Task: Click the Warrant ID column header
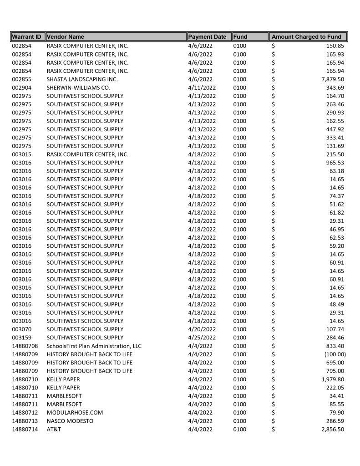pos(27,36)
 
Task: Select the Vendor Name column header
pos(66,36)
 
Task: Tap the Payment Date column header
pos(207,36)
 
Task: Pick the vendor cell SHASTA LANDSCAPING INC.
pos(82,79)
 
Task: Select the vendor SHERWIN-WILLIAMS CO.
pos(78,87)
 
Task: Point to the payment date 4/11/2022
pos(202,87)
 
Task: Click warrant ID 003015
pos(22,154)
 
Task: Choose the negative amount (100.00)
pos(335,354)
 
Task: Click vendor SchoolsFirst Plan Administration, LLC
pos(94,346)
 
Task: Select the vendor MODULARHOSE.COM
pos(75,413)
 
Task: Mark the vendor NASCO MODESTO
pos(70,421)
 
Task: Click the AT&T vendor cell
pos(54,430)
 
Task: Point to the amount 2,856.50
pos(333,430)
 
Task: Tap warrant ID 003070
pos(22,329)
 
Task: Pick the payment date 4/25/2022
pos(202,338)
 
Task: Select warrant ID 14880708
pos(25,346)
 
